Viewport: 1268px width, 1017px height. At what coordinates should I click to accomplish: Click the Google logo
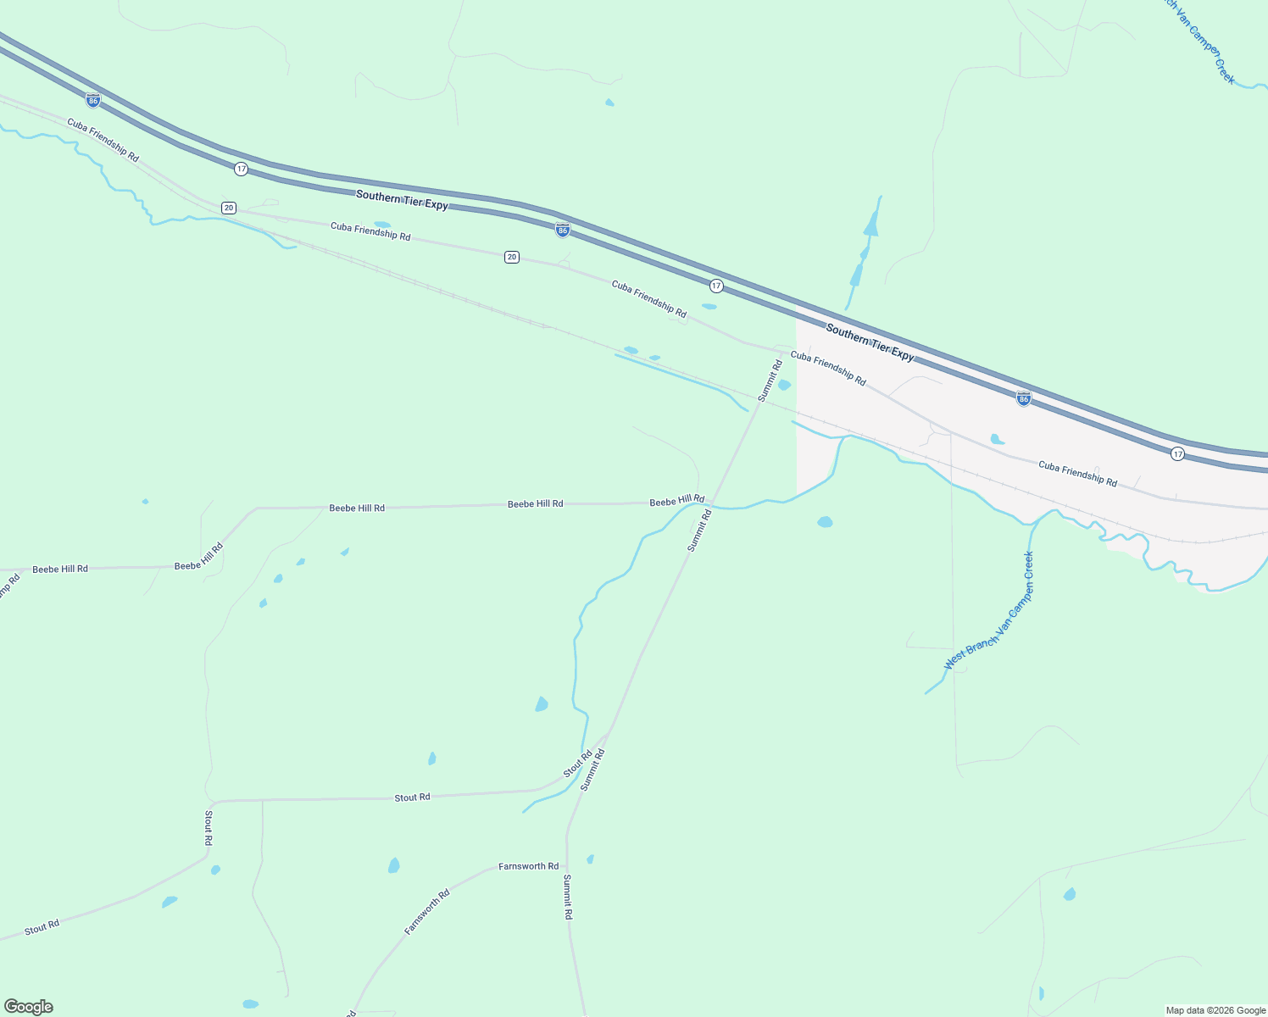tap(28, 1007)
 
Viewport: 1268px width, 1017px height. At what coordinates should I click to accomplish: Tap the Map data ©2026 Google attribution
tap(1215, 1010)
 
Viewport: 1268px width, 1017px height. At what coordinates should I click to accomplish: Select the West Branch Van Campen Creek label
tap(989, 611)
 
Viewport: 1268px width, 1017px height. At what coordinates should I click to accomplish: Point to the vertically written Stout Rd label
tap(209, 828)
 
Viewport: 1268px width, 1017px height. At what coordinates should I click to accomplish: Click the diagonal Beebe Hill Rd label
tap(198, 556)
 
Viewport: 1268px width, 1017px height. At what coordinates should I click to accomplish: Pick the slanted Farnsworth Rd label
tap(426, 912)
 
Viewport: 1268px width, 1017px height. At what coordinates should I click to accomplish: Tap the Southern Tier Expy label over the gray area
tap(870, 343)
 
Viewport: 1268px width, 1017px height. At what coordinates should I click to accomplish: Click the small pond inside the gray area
tap(997, 439)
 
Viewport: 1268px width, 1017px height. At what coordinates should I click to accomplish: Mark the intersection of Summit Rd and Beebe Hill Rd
tap(712, 503)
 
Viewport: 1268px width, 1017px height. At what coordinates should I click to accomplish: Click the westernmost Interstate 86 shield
tap(93, 100)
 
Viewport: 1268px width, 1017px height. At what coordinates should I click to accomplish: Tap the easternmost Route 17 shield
tap(1177, 454)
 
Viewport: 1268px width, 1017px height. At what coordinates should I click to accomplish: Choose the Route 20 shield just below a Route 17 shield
tap(228, 208)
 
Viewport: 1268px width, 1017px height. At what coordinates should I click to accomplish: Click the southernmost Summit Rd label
tap(567, 898)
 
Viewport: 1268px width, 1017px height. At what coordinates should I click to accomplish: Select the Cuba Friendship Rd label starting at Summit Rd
tap(828, 369)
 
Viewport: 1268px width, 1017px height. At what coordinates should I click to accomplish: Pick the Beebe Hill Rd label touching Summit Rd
tap(676, 501)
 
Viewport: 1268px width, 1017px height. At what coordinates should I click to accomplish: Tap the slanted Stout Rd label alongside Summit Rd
tap(577, 764)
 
